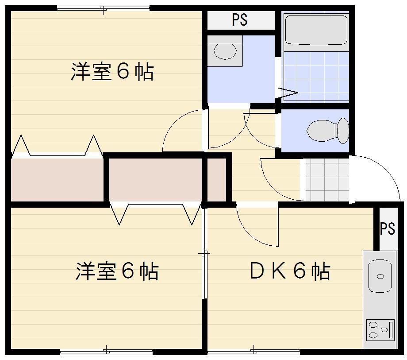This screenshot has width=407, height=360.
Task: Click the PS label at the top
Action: point(239,20)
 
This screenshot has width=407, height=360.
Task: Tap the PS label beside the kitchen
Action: point(387,228)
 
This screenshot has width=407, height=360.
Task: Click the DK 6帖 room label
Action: point(290,271)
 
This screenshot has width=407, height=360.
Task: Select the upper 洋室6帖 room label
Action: point(112,72)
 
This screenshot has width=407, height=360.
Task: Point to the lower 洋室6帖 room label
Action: point(117,271)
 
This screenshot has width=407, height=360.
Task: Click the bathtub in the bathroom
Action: point(315,30)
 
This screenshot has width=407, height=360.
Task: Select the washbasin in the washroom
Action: point(225,50)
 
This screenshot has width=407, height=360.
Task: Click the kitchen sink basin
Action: point(380,276)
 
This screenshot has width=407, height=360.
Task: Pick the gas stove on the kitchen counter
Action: point(380,330)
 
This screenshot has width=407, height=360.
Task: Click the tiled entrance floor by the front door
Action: point(327,179)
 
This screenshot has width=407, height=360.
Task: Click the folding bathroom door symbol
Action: point(286,93)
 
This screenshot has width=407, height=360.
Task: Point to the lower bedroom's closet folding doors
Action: point(155,212)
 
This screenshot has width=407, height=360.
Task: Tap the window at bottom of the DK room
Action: point(253,352)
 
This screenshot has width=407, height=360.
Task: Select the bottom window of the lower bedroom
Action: point(106,352)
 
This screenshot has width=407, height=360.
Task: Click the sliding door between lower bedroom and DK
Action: point(204,254)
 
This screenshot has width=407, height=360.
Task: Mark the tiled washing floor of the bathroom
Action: point(315,77)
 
